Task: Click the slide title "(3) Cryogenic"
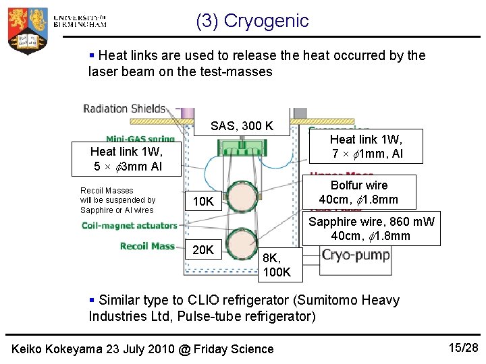click(252, 21)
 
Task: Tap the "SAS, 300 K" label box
click(242, 125)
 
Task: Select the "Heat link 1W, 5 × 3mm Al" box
click(127, 159)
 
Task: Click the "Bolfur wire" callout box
click(358, 192)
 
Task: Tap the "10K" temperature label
click(203, 201)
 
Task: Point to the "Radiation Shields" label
click(124, 109)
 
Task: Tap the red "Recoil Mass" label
click(147, 246)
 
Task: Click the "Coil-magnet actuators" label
click(130, 226)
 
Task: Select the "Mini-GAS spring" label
click(140, 140)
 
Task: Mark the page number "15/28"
click(462, 347)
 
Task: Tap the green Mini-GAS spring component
click(242, 146)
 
